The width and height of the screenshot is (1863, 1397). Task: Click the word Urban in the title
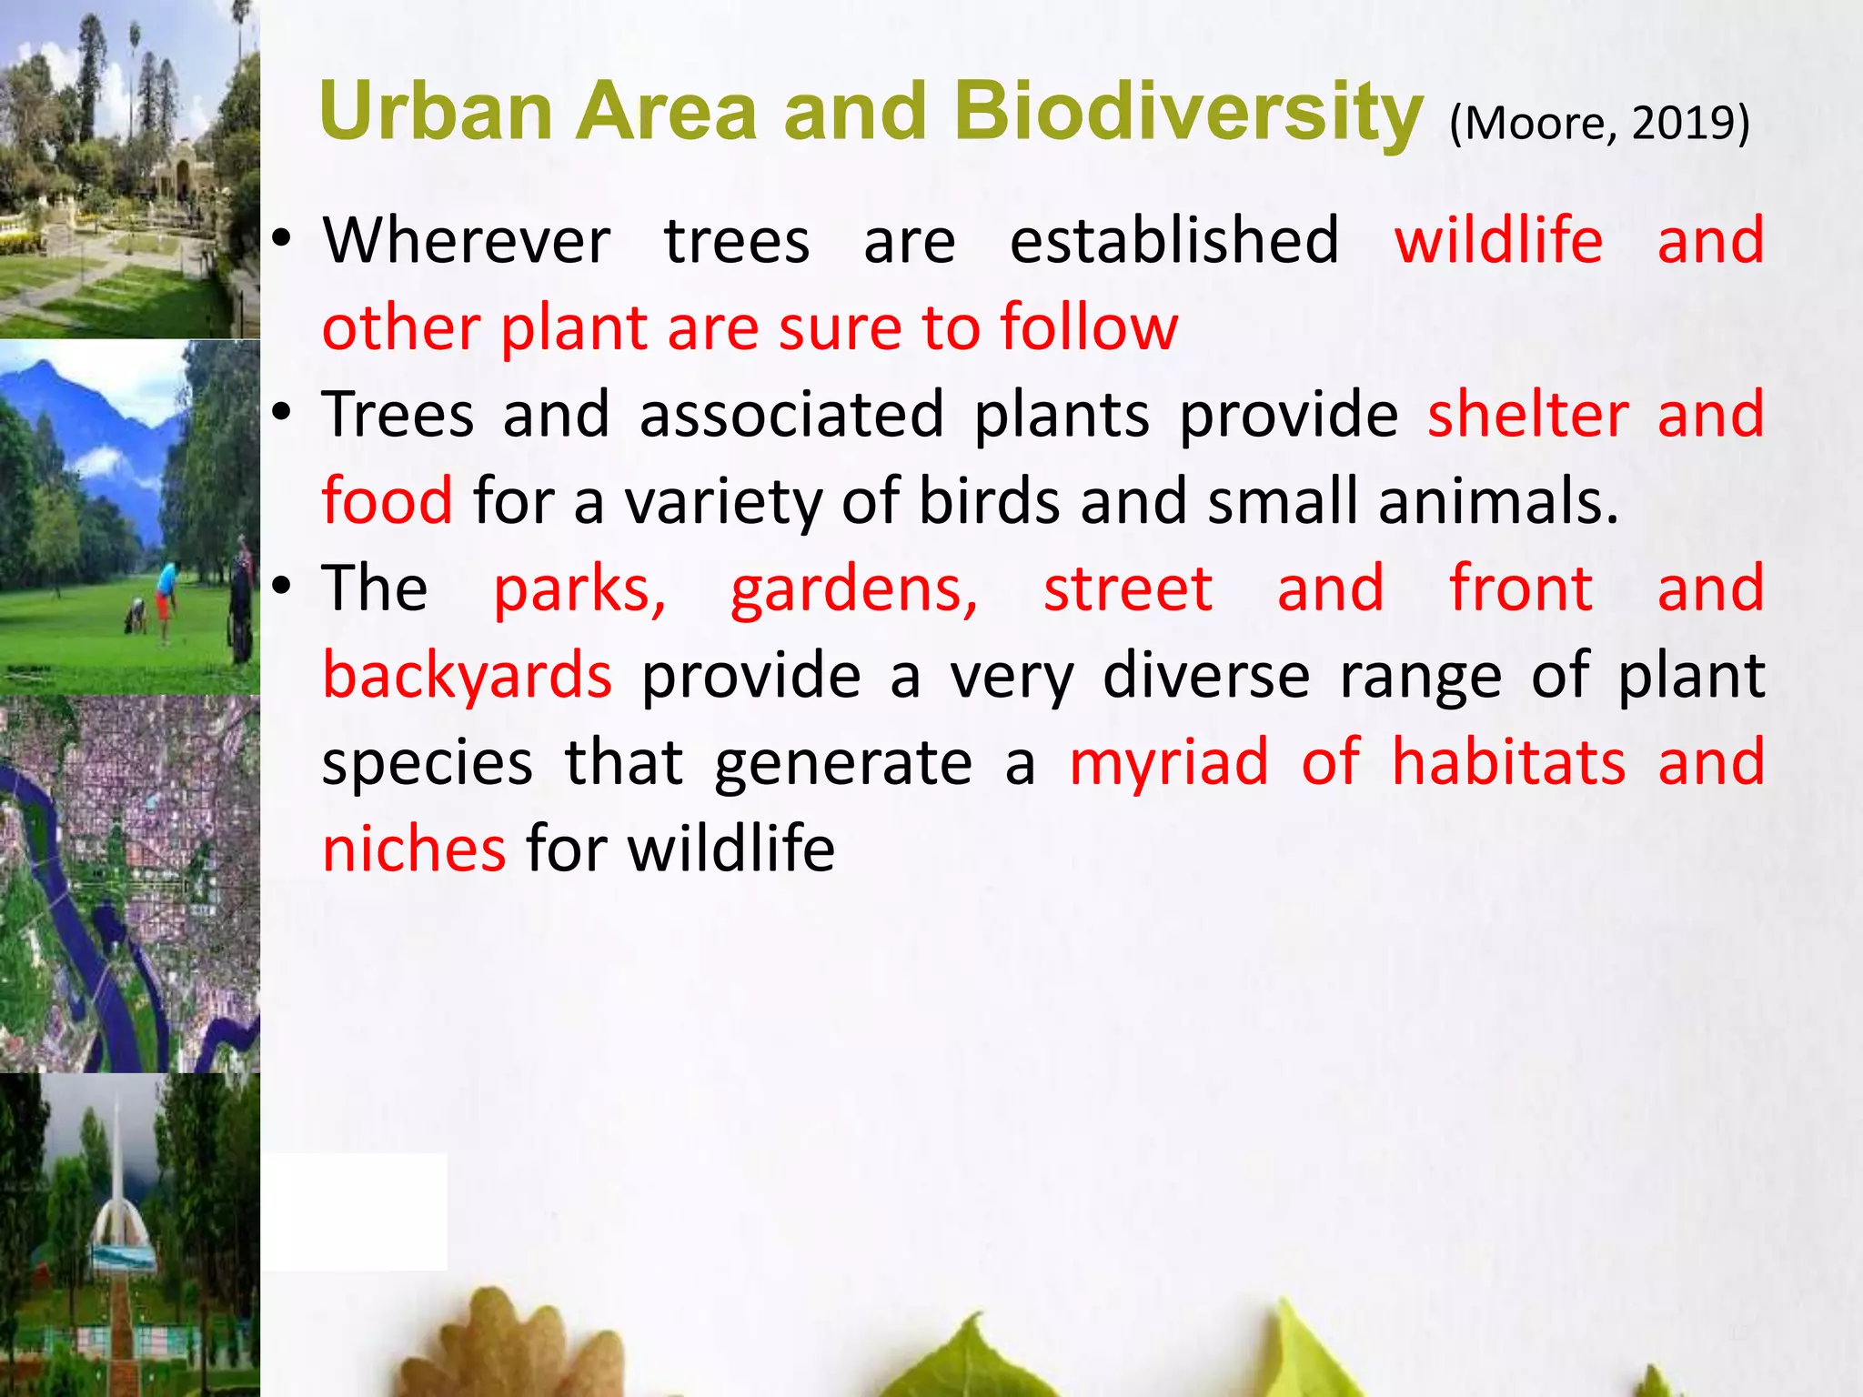point(437,112)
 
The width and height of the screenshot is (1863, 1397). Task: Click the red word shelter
point(1527,415)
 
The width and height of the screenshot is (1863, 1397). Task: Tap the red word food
point(387,501)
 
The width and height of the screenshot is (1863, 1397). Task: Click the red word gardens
point(853,588)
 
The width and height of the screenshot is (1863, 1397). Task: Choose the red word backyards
point(468,676)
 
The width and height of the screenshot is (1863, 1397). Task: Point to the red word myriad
point(1168,763)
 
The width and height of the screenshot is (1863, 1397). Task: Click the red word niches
point(414,849)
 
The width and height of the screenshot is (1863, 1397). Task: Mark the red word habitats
point(1508,762)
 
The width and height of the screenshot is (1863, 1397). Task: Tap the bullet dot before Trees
point(282,414)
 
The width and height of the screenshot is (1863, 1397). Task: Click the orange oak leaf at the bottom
point(519,1346)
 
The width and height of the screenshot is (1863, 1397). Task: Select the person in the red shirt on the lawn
point(166,591)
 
